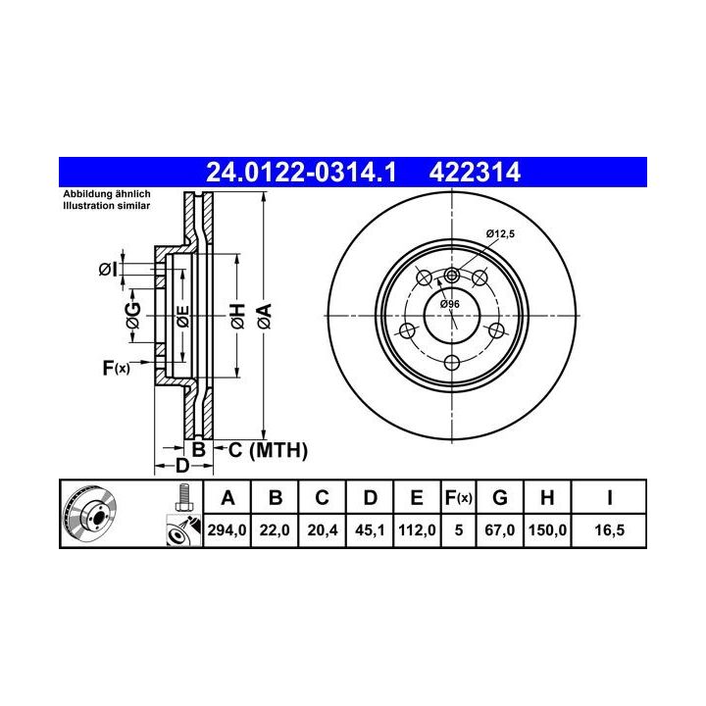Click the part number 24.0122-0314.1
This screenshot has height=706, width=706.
[301, 173]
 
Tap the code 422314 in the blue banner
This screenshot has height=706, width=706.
[475, 173]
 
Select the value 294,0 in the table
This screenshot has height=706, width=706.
[227, 529]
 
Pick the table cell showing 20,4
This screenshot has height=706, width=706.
[323, 529]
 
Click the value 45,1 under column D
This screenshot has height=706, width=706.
[370, 529]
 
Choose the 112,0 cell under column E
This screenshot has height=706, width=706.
[417, 529]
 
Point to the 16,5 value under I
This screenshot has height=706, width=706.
[609, 529]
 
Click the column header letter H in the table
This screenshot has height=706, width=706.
[547, 498]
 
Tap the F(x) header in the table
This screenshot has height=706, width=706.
[458, 498]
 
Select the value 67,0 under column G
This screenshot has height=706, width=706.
[500, 529]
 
